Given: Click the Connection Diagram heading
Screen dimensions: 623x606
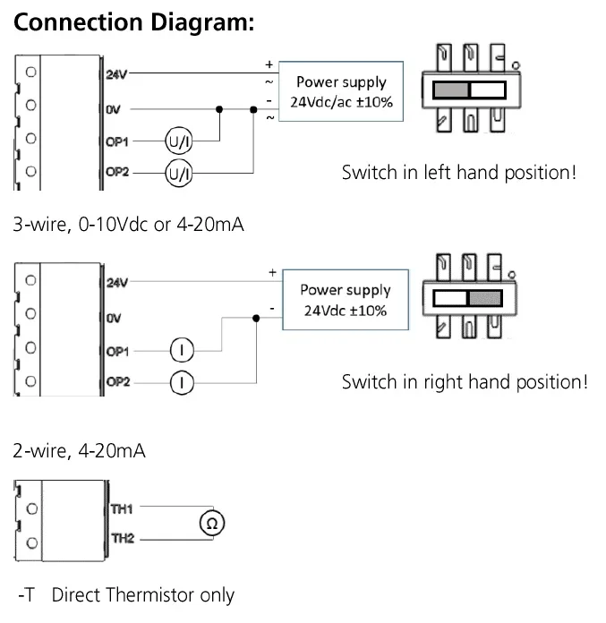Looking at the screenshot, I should (134, 23).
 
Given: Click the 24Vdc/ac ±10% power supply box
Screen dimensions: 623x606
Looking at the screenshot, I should (340, 92).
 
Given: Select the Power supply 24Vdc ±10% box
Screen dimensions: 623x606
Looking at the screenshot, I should (345, 300).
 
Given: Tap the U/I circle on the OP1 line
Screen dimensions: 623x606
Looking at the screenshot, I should (178, 141).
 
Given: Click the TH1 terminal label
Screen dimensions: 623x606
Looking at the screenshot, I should (122, 509).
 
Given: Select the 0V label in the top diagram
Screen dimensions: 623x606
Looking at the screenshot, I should (114, 109).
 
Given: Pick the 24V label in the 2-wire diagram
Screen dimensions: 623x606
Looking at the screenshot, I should (117, 283).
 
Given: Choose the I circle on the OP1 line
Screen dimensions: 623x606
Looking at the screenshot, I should (182, 351).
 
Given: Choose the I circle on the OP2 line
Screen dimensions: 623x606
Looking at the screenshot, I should (182, 382).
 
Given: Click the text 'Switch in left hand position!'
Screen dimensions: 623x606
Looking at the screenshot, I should (458, 172).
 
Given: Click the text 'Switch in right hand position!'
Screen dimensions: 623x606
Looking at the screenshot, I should (465, 382).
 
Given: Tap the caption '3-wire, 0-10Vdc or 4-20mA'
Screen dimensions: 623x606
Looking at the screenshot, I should (128, 224).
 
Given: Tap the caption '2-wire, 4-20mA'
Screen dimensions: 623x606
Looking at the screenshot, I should (79, 450).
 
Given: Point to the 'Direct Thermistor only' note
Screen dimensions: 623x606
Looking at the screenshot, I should (143, 594).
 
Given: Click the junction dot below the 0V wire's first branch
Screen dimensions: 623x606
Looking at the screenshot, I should (220, 109).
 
